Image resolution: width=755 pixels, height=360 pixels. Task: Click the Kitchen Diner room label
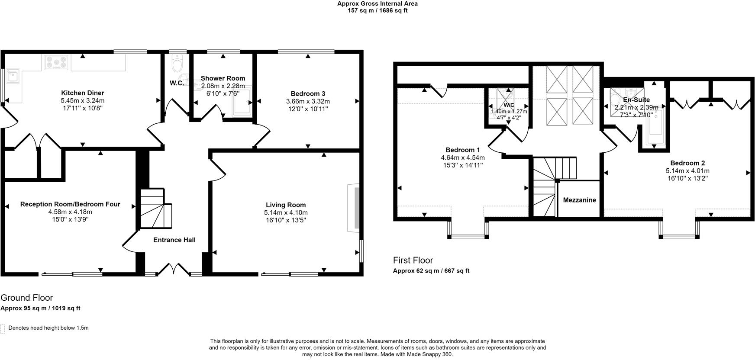click(x=82, y=93)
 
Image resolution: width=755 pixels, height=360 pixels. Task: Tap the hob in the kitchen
click(x=55, y=62)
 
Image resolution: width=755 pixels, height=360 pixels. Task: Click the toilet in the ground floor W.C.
click(x=177, y=64)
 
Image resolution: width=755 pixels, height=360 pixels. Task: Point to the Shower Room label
click(x=223, y=78)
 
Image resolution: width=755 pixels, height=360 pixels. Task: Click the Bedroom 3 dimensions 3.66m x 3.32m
click(x=308, y=101)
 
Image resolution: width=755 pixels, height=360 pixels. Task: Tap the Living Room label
click(x=286, y=205)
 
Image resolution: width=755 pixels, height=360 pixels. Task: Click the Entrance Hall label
click(x=174, y=240)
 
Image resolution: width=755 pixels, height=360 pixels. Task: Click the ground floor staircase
click(x=155, y=209)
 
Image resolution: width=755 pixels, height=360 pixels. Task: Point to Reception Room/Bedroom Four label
click(x=70, y=204)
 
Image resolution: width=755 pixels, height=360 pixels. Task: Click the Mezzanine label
click(x=579, y=200)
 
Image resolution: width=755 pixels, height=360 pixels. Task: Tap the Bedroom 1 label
click(x=463, y=150)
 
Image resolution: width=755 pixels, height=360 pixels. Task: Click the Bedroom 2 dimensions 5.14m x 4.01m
click(x=687, y=171)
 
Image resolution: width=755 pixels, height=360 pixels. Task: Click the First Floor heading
click(x=413, y=260)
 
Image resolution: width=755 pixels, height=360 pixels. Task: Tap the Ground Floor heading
click(x=27, y=298)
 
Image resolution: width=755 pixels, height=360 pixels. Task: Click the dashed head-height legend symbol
click(x=3, y=328)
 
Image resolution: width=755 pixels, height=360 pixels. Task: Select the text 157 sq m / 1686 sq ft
click(x=377, y=10)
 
